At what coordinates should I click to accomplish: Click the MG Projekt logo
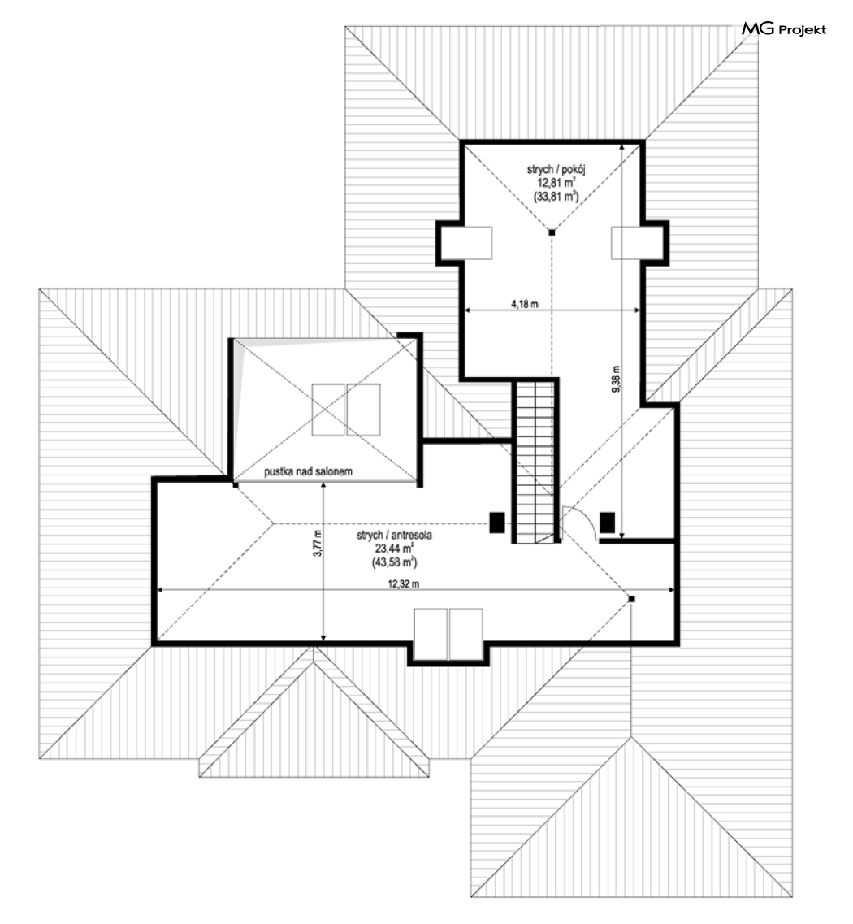[783, 29]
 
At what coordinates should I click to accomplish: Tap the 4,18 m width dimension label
[524, 304]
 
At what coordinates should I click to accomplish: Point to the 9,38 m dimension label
[616, 379]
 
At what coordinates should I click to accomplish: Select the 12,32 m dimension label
[404, 584]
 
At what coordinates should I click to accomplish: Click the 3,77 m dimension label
[318, 544]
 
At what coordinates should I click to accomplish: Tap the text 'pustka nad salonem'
[308, 471]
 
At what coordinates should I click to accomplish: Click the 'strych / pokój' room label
[556, 170]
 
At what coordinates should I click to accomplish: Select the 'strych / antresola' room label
[394, 535]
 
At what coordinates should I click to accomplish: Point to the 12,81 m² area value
[556, 183]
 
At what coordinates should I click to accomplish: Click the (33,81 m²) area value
[556, 197]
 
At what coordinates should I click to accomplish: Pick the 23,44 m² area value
[394, 549]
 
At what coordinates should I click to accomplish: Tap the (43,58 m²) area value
[394, 562]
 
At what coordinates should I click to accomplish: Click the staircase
[535, 461]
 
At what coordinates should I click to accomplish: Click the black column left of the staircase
[496, 523]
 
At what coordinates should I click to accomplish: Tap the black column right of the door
[608, 523]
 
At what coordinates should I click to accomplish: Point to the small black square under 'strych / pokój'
[552, 232]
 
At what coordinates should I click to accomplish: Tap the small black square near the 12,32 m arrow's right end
[631, 599]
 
